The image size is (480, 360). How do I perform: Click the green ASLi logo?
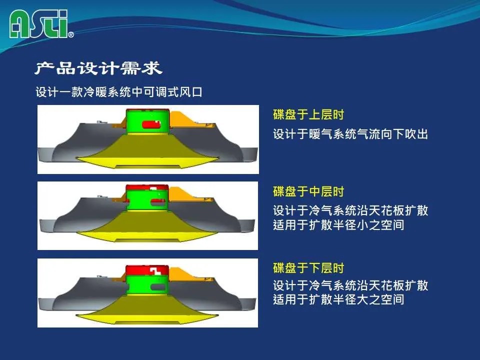coord(38,24)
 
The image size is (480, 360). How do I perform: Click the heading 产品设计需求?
coord(98,68)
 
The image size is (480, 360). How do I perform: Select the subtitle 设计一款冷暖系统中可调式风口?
coord(119,92)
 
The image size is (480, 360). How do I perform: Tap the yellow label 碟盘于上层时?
coord(308,114)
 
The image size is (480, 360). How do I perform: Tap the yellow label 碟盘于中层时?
coord(308,191)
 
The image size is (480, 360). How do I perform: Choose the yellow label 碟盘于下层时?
coord(308,268)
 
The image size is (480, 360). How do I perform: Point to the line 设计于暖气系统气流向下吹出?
coord(350,134)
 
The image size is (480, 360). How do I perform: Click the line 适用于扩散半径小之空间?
coord(338,224)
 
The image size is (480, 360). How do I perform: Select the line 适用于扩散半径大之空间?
coord(338,299)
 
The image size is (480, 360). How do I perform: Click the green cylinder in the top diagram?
coord(148,122)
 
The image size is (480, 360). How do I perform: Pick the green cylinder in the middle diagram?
coord(147,200)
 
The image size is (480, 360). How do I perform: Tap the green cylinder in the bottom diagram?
coord(147,284)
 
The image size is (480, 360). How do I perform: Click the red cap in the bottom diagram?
coord(147,270)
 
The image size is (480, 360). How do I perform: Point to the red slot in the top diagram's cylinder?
coord(151,124)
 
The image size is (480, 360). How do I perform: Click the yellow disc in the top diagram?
coord(147,152)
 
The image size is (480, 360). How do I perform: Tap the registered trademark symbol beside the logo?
coord(70,34)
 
